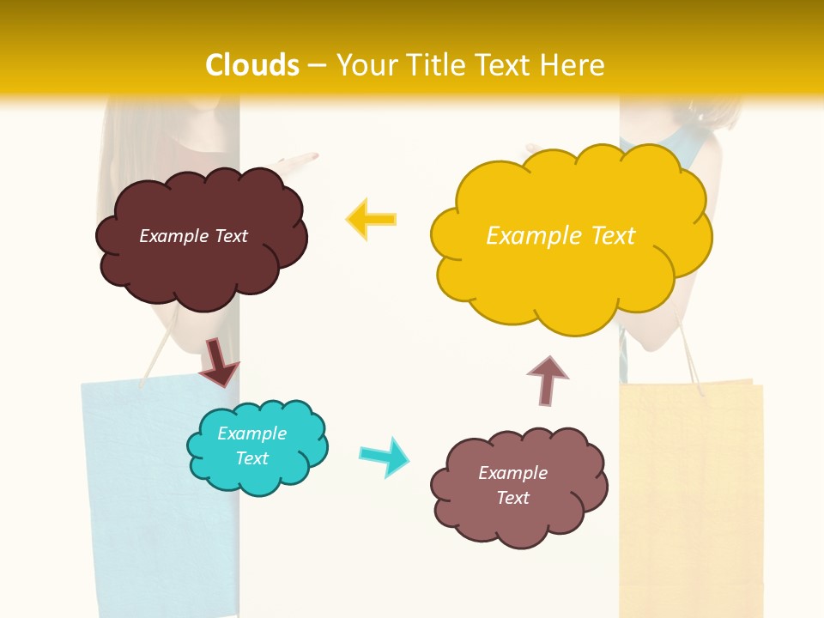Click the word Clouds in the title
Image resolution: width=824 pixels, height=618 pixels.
click(x=252, y=65)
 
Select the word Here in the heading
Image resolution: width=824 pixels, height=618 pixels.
click(x=575, y=65)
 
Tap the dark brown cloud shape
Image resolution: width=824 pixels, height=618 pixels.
click(x=202, y=257)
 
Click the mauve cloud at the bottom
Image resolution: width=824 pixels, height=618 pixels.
click(x=519, y=515)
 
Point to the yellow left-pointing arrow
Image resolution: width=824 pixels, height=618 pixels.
click(x=371, y=220)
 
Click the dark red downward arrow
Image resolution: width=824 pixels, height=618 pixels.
click(x=218, y=361)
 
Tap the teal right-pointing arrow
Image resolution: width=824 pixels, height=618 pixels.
click(x=384, y=456)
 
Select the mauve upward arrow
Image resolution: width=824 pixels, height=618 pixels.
click(x=547, y=380)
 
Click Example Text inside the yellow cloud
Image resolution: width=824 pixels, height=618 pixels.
click(x=560, y=236)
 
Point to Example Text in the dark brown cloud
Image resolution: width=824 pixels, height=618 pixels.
click(x=193, y=236)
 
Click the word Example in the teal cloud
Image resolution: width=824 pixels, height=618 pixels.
click(x=251, y=433)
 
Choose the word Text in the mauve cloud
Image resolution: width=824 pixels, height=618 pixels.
click(x=512, y=498)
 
